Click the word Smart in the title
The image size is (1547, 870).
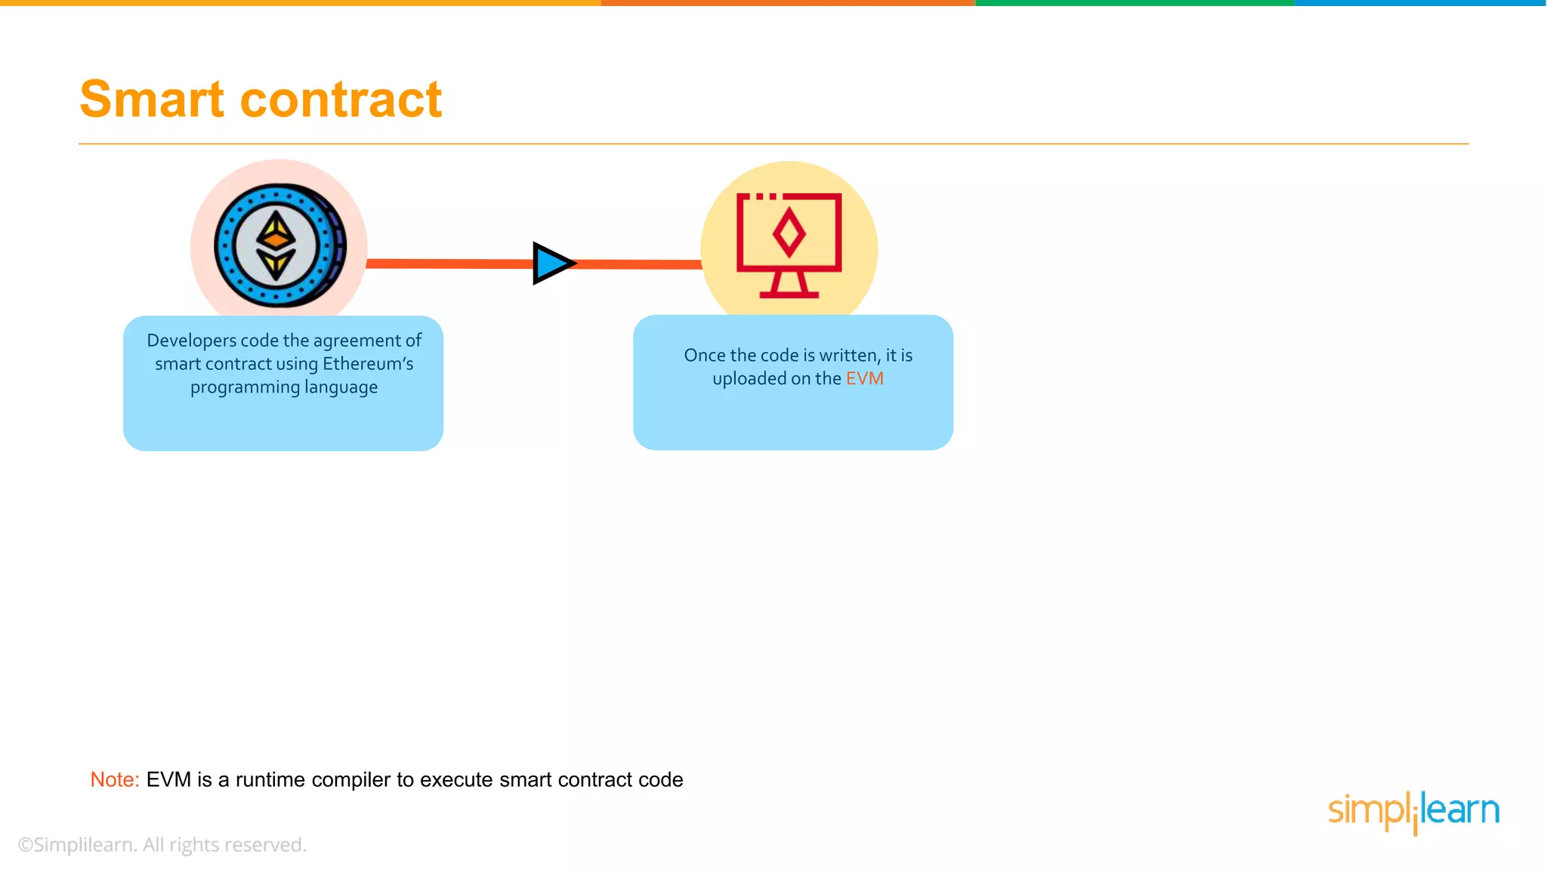pyautogui.click(x=152, y=99)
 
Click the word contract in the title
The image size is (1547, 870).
pyautogui.click(x=341, y=99)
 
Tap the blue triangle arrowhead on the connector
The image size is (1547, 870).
pyautogui.click(x=552, y=264)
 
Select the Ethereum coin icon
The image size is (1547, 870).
pyautogui.click(x=279, y=245)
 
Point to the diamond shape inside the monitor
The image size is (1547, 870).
pyautogui.click(x=789, y=233)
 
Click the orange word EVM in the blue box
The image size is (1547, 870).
pyautogui.click(x=864, y=378)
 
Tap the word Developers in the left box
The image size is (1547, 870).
pyautogui.click(x=191, y=341)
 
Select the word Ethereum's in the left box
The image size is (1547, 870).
pyautogui.click(x=368, y=364)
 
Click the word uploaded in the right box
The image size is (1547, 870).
pyautogui.click(x=749, y=378)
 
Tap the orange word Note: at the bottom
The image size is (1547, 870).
pyautogui.click(x=115, y=779)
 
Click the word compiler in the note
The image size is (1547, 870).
pyautogui.click(x=351, y=779)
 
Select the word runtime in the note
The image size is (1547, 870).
pyautogui.click(x=270, y=779)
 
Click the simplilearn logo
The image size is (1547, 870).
pyautogui.click(x=1413, y=811)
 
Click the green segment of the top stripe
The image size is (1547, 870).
pyautogui.click(x=1133, y=3)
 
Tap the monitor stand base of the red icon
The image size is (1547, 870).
pyautogui.click(x=789, y=294)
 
